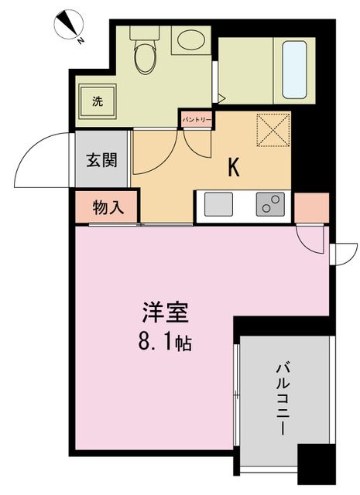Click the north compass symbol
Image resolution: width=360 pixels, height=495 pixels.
click(69, 26)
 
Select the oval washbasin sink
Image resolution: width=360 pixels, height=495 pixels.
click(187, 41)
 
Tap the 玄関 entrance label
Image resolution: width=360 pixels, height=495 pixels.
click(101, 161)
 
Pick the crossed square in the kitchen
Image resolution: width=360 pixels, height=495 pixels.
click(273, 128)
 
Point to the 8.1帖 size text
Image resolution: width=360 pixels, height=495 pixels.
click(165, 341)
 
